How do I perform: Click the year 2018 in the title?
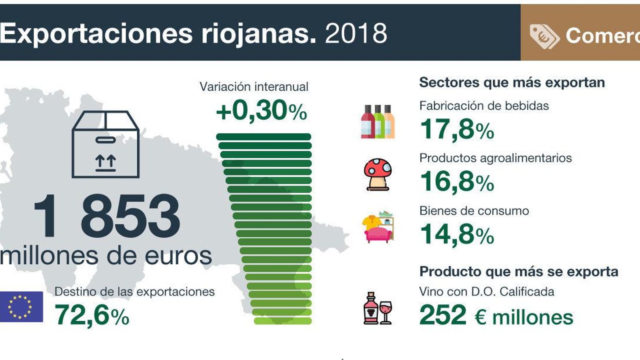(356, 33)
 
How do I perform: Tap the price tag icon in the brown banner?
(544, 36)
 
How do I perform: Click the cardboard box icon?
(106, 144)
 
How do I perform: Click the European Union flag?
(21, 307)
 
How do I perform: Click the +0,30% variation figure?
(262, 111)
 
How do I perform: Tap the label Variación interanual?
(254, 87)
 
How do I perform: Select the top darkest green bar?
(264, 137)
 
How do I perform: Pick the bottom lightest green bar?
(282, 321)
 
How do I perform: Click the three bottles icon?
(378, 122)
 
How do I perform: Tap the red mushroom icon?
(378, 174)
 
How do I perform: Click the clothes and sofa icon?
(378, 227)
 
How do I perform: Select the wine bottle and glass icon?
(378, 308)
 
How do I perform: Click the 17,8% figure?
(457, 130)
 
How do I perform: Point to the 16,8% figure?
(457, 182)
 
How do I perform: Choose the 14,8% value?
(457, 234)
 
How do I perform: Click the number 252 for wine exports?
(443, 315)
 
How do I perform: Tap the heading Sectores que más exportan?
(512, 82)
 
